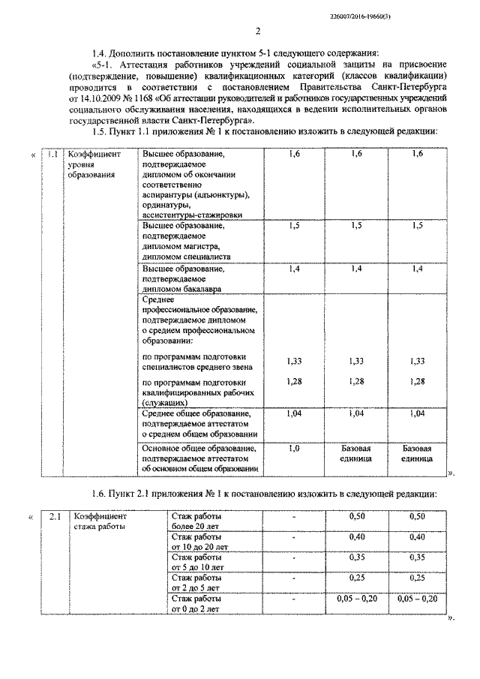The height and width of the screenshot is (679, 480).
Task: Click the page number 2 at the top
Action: [x=256, y=31]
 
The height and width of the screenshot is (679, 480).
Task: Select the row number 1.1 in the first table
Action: [x=52, y=154]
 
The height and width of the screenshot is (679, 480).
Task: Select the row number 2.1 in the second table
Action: [x=55, y=517]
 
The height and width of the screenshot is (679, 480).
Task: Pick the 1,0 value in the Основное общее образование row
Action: [x=294, y=448]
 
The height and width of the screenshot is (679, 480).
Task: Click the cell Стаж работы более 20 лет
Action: [x=197, y=521]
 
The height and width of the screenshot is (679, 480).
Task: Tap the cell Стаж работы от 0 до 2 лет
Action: [x=197, y=604]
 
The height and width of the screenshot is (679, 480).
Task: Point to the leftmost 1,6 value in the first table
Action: [x=294, y=154]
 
